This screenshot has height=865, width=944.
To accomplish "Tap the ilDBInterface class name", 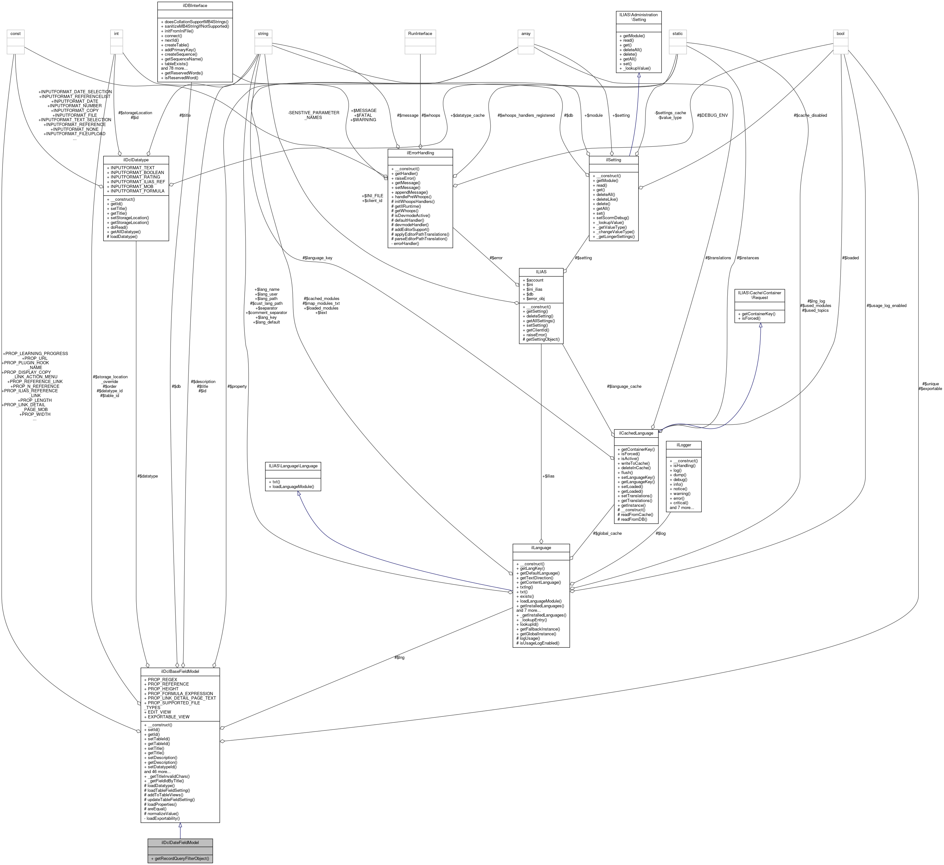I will [x=194, y=6].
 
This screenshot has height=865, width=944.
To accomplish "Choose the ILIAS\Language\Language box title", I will [x=293, y=466].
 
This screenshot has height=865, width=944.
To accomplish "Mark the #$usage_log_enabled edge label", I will [x=886, y=306].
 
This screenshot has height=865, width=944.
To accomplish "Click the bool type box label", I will [x=841, y=34].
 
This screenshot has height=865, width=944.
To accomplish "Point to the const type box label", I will [x=16, y=34].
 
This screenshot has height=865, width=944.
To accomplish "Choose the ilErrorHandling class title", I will [x=420, y=153].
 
